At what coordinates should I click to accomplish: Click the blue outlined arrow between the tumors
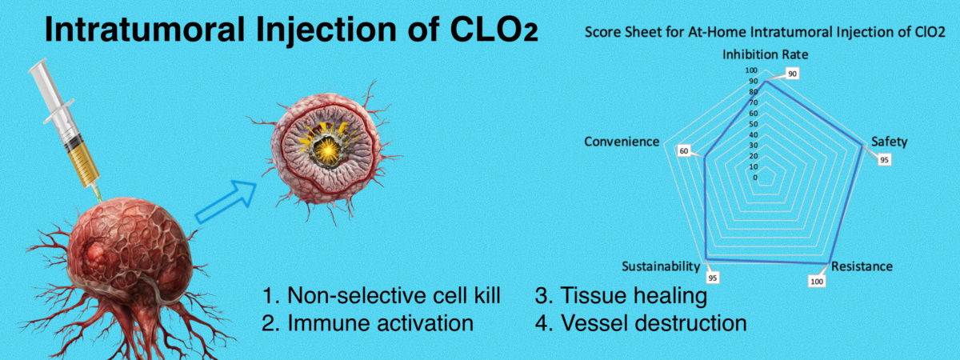coord(226,207)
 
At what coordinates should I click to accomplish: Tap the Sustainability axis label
coord(661,266)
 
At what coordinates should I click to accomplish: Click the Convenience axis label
coord(622,142)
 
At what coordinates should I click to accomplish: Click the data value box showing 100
coord(817,282)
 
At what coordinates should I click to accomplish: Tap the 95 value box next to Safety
coord(884,159)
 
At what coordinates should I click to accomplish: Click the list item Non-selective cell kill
coord(382,296)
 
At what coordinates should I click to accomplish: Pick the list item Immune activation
coord(367,323)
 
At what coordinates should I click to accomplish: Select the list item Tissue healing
coord(621,296)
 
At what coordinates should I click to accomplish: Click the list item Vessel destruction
coord(641,323)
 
